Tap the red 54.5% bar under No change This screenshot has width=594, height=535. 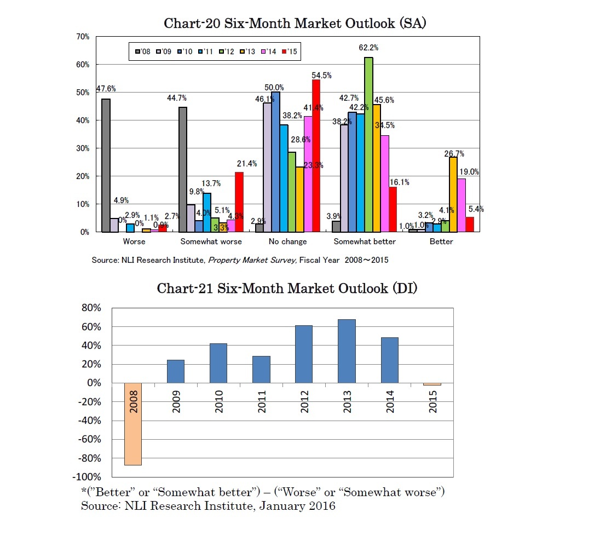click(x=315, y=156)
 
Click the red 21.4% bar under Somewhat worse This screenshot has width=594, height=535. click(x=239, y=202)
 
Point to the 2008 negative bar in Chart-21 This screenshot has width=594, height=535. click(x=133, y=424)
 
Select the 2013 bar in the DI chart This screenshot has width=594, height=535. click(x=347, y=351)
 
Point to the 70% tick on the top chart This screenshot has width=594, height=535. click(x=83, y=37)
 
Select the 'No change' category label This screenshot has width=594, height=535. click(x=288, y=241)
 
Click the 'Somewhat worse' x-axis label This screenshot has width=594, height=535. click(x=211, y=241)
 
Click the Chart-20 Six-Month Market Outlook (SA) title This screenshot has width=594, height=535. click(x=296, y=24)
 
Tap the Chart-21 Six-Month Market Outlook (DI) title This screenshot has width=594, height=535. click(x=287, y=288)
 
